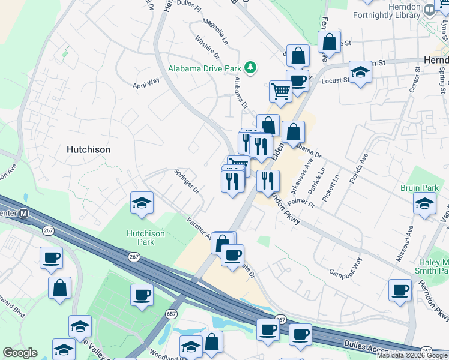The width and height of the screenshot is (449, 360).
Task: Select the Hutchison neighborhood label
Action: (88, 149)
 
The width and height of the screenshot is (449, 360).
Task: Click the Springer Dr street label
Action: (187, 181)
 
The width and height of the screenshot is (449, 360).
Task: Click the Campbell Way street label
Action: (346, 268)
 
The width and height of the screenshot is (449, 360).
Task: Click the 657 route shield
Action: (172, 314)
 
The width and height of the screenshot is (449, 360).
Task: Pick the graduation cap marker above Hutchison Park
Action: (142, 203)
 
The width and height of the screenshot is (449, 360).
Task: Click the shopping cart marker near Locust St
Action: (280, 91)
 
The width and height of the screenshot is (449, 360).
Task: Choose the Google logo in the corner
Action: (20, 353)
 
